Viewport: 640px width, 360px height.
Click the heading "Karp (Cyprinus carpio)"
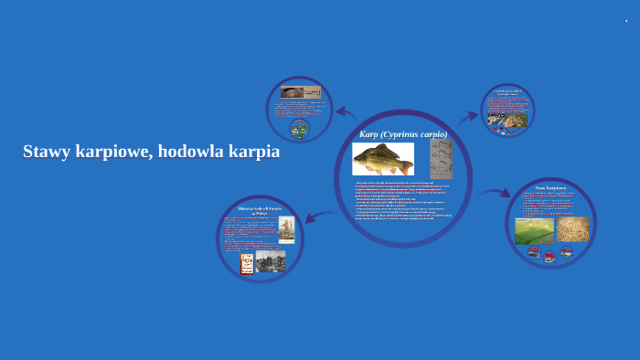(403, 134)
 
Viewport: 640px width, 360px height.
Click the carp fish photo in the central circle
(383, 159)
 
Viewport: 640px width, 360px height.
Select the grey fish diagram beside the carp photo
(442, 158)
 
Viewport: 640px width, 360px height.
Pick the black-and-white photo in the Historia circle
(271, 261)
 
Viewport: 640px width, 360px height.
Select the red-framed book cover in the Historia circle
(247, 263)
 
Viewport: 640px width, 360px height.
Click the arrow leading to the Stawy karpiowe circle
(494, 194)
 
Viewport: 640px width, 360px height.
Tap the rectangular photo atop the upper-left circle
(301, 92)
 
